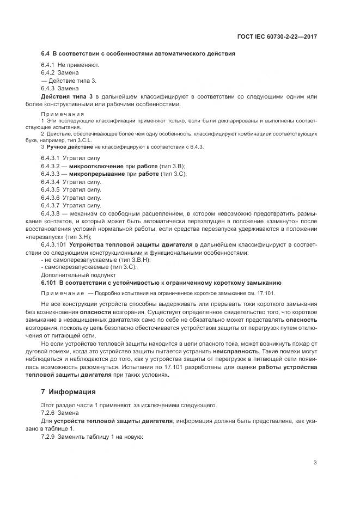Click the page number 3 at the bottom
point(315,463)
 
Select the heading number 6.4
point(45,54)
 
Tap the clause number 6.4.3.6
point(51,198)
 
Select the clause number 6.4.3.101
point(54,245)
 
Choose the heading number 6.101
point(48,284)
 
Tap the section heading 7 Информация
point(68,391)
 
